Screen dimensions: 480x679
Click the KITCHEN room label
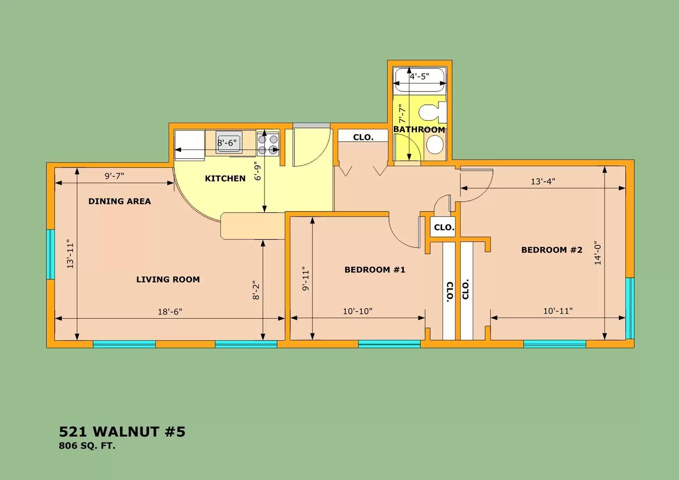click(225, 178)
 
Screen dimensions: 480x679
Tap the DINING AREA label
click(119, 201)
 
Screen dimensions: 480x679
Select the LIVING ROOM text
click(168, 280)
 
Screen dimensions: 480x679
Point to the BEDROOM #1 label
click(375, 270)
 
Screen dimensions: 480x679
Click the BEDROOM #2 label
click(551, 250)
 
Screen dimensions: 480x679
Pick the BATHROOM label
click(419, 129)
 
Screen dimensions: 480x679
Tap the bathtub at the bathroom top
click(419, 80)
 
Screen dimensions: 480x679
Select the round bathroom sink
click(434, 144)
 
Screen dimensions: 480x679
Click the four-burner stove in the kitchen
click(268, 144)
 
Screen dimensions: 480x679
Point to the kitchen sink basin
click(229, 142)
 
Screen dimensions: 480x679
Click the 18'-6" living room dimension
click(170, 312)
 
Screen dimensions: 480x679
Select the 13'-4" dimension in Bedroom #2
click(542, 181)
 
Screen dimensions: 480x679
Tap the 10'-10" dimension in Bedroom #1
click(358, 311)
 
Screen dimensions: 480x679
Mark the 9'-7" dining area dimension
click(114, 176)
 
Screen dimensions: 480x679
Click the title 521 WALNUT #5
click(122, 432)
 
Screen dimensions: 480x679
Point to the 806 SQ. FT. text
click(87, 446)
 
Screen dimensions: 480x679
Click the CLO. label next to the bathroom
click(363, 137)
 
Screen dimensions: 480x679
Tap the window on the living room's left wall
click(51, 254)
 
